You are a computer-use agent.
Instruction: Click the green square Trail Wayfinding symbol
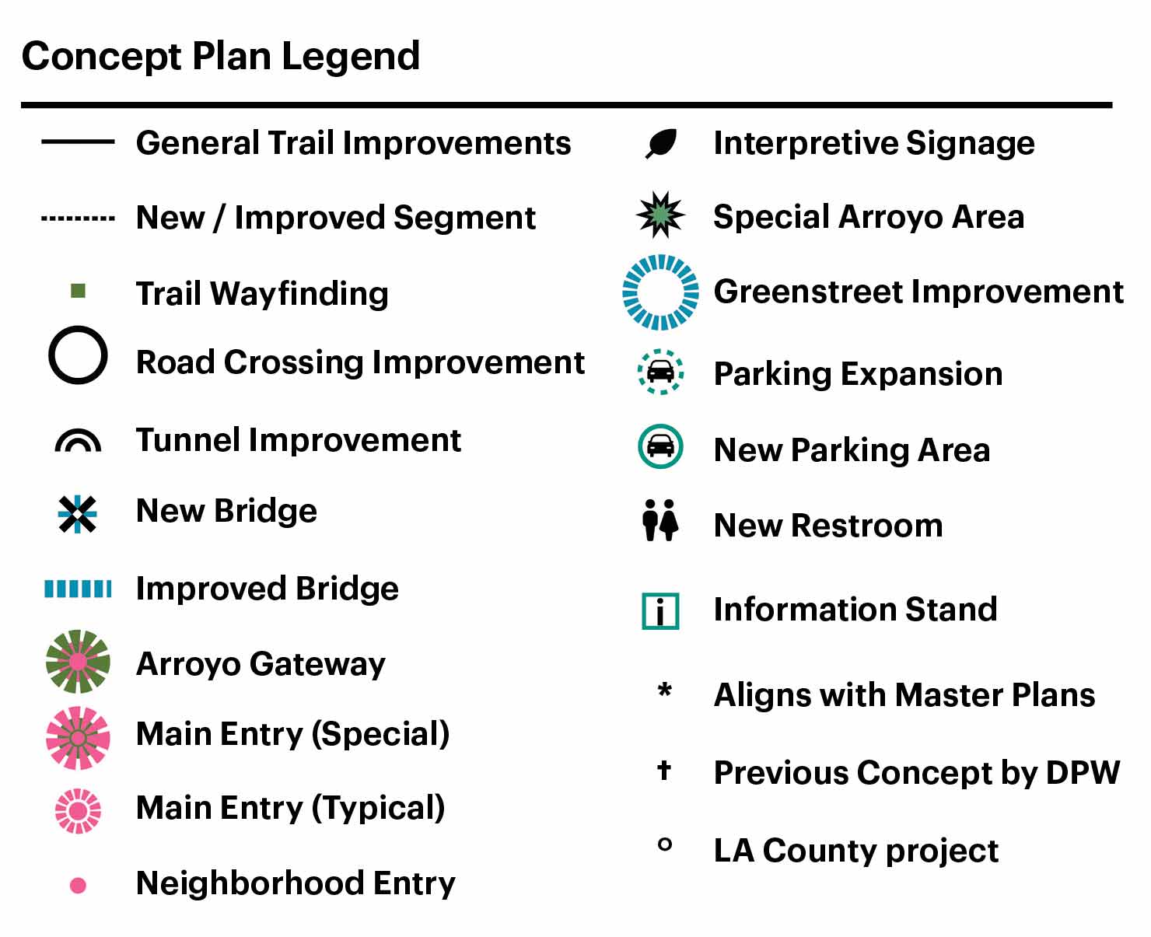[78, 291]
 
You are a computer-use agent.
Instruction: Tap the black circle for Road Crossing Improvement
[78, 330]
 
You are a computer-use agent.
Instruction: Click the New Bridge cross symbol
[77, 514]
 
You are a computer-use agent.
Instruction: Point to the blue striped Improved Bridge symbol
[78, 589]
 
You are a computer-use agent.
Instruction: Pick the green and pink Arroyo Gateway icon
[78, 662]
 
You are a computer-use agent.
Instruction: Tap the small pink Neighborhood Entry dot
[78, 885]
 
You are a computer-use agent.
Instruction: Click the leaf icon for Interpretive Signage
[661, 144]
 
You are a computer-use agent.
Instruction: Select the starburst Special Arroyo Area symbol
[660, 215]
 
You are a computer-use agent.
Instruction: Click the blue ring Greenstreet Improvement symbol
[660, 258]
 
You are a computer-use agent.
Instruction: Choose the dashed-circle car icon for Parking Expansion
[660, 372]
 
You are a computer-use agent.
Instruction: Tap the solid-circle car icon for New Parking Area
[660, 446]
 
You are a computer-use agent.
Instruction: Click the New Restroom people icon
[660, 520]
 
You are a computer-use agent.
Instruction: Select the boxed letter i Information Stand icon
[660, 611]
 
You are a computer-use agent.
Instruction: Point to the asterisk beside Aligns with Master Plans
[665, 690]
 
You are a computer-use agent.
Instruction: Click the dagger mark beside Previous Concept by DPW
[664, 770]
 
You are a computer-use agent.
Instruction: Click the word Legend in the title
[351, 58]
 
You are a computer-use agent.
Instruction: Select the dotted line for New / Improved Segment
[78, 219]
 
